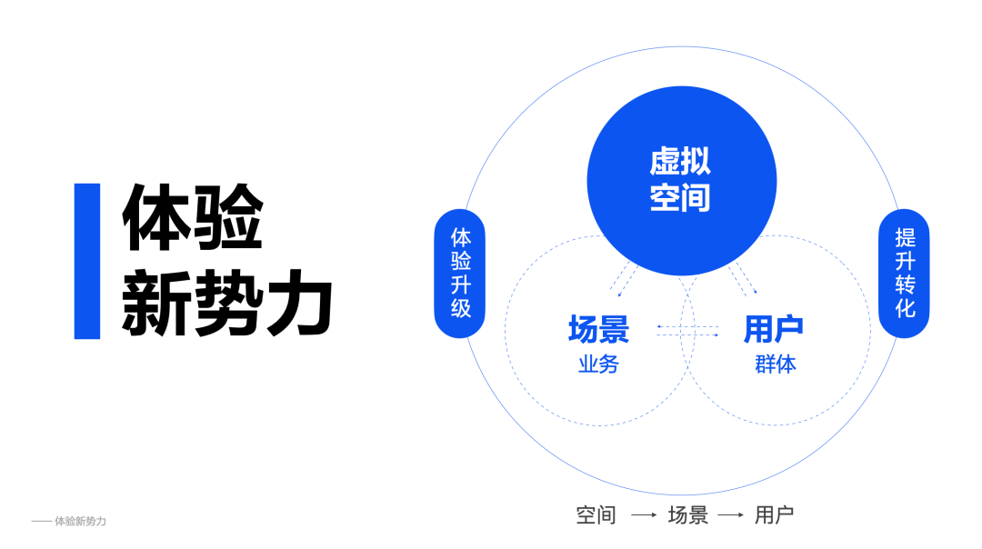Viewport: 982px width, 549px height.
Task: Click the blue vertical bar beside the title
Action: click(x=87, y=261)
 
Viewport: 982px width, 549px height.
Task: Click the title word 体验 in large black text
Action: click(x=193, y=218)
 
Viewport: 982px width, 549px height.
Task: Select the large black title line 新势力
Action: click(x=227, y=302)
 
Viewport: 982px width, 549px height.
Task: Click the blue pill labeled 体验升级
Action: click(x=461, y=273)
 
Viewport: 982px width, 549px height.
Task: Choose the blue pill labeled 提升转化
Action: click(x=904, y=273)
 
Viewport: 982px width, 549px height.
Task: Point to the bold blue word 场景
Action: click(x=597, y=329)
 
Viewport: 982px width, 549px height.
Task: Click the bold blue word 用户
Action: click(x=774, y=329)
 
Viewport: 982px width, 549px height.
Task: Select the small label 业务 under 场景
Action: click(x=597, y=364)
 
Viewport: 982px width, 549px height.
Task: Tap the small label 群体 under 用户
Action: click(x=775, y=364)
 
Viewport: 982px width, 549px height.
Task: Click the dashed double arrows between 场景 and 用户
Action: click(x=686, y=331)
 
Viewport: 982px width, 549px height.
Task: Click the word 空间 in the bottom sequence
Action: click(x=596, y=515)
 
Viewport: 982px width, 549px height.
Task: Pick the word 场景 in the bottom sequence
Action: click(x=687, y=515)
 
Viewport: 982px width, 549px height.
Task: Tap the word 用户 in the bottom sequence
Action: click(x=774, y=515)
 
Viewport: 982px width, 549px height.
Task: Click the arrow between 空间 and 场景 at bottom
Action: click(x=643, y=515)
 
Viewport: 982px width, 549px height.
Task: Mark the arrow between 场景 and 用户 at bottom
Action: click(x=730, y=515)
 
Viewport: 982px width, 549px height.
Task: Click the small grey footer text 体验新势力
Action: click(x=80, y=522)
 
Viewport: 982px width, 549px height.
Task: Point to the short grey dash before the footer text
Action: click(x=41, y=522)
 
